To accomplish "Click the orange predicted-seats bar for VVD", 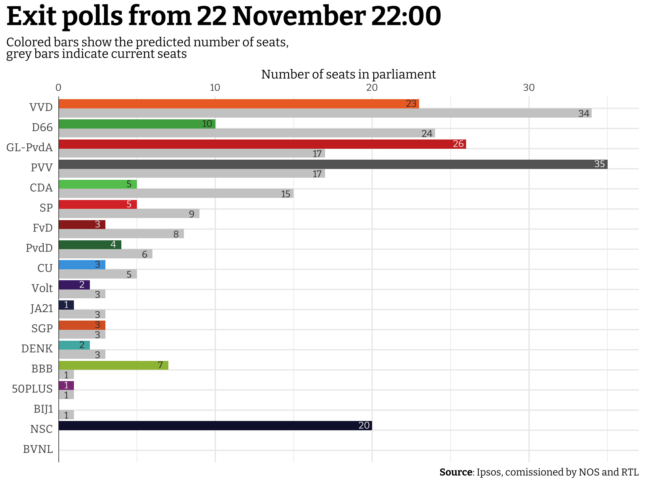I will pos(239,104).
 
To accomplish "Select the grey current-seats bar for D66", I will pos(246,133).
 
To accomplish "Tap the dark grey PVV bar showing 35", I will pos(333,164).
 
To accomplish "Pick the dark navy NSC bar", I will pos(215,426).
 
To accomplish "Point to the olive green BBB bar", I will pos(113,365).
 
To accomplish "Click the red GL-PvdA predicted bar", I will pos(262,144).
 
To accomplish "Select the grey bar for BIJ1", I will pos(66,415).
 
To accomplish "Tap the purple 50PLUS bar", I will pos(66,385).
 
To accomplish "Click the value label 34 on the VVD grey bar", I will pos(584,113).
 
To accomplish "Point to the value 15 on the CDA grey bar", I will pos(286,194).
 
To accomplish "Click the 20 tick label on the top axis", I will pos(372,87).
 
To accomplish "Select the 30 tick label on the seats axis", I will pos(529,87).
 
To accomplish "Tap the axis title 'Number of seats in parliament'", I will pos(349,74).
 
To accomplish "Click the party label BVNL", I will pos(38,450).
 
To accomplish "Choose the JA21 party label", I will pos(42,308).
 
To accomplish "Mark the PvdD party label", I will pos(39,248).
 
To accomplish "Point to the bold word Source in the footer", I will pos(456,472).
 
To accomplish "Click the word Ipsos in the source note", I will pos(489,472).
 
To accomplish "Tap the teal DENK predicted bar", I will pos(74,345).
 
